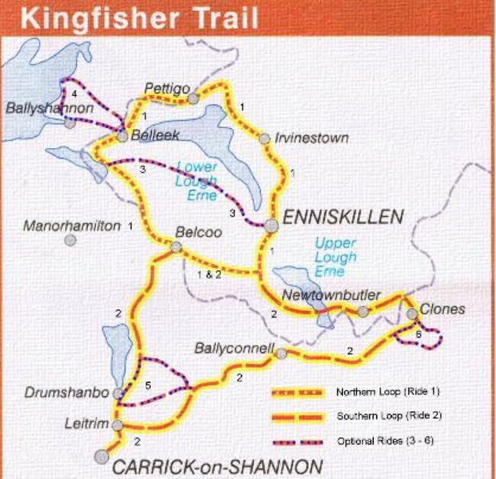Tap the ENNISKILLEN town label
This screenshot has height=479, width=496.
(343, 217)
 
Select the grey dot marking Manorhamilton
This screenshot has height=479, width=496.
(70, 240)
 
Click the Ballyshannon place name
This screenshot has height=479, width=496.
(50, 109)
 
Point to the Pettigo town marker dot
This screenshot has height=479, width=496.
(194, 98)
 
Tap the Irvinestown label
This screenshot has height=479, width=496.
(313, 138)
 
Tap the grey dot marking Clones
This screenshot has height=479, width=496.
(411, 313)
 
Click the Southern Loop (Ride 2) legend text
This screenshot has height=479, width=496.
(380, 417)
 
